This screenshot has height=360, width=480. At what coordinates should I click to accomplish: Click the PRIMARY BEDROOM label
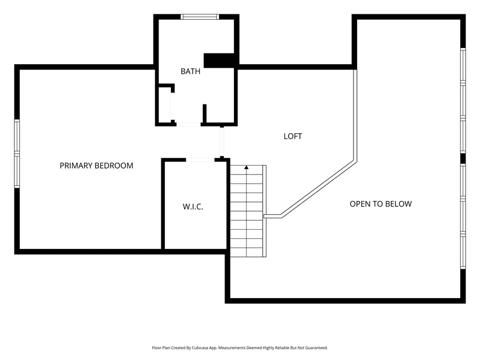tap(97, 166)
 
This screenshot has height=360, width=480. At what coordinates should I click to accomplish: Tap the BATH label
tap(190, 71)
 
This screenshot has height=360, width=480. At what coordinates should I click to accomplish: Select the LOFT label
tap(293, 136)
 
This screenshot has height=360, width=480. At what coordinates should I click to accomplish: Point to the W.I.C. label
tap(193, 206)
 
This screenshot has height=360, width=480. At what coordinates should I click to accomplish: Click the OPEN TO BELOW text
tap(381, 204)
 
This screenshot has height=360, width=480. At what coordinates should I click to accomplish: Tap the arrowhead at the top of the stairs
tap(247, 167)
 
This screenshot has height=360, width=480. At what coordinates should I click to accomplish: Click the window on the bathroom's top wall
tap(200, 17)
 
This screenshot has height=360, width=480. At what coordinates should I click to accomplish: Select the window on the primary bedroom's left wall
tap(17, 154)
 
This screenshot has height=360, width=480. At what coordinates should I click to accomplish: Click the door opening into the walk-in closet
tap(200, 160)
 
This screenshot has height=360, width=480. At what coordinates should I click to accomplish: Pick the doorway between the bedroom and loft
tap(222, 142)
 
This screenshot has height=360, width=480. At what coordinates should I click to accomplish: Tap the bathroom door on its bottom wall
tap(188, 124)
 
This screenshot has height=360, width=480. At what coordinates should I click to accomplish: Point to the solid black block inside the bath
tap(219, 61)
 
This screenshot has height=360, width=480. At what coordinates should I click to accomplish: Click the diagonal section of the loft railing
tap(319, 189)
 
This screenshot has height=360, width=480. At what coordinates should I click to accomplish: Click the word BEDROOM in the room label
tap(113, 166)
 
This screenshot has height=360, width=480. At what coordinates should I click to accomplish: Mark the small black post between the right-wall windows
tap(463, 158)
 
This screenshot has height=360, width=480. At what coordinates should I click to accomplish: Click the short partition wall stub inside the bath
tap(205, 113)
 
